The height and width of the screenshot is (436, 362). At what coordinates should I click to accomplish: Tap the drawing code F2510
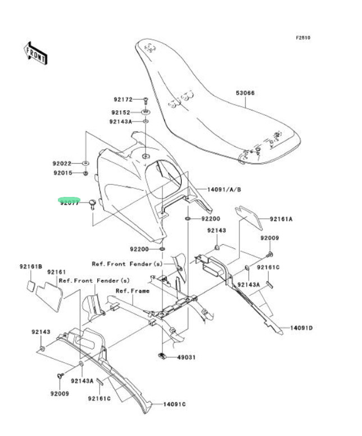pos(303,38)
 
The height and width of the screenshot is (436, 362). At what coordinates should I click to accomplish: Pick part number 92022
pos(63,164)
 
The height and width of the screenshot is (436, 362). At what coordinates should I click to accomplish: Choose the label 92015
pos(63,173)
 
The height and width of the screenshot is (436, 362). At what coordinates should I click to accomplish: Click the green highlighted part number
pos(69,201)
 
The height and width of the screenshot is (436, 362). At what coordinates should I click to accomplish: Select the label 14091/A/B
pos(224,190)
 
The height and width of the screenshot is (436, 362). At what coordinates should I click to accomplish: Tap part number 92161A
pos(281,219)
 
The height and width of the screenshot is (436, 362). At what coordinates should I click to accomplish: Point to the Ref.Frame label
pos(133,291)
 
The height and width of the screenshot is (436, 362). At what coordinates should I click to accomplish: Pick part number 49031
pos(187,357)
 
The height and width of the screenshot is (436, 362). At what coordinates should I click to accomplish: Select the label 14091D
pos(301,327)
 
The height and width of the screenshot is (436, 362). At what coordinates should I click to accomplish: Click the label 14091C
pos(174,404)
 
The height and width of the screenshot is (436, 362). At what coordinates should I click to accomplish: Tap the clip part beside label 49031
pos(161,355)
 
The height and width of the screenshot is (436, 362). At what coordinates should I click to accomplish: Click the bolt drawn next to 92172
pos(145,100)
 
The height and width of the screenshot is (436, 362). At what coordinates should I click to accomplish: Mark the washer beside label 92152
pos(145,111)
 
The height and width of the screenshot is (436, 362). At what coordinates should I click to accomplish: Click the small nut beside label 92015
pos(84,173)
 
